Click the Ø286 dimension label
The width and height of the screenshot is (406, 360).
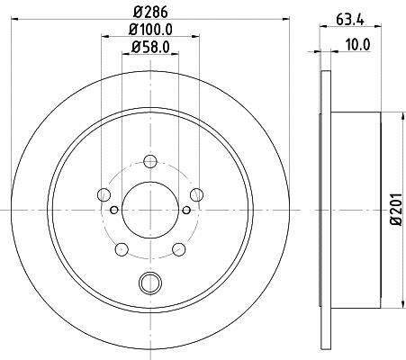[150, 13]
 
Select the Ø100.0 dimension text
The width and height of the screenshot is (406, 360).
[150, 30]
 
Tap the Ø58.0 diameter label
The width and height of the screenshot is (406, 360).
[150, 47]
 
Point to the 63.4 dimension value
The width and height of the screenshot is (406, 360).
[350, 20]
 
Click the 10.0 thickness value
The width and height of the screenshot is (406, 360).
[357, 45]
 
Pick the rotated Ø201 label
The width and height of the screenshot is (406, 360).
[396, 209]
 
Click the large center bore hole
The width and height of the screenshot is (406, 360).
[150, 210]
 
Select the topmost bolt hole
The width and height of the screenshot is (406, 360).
[150, 161]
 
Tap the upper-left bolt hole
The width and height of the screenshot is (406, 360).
[104, 194]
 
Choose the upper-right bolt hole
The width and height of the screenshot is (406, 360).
[196, 194]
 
